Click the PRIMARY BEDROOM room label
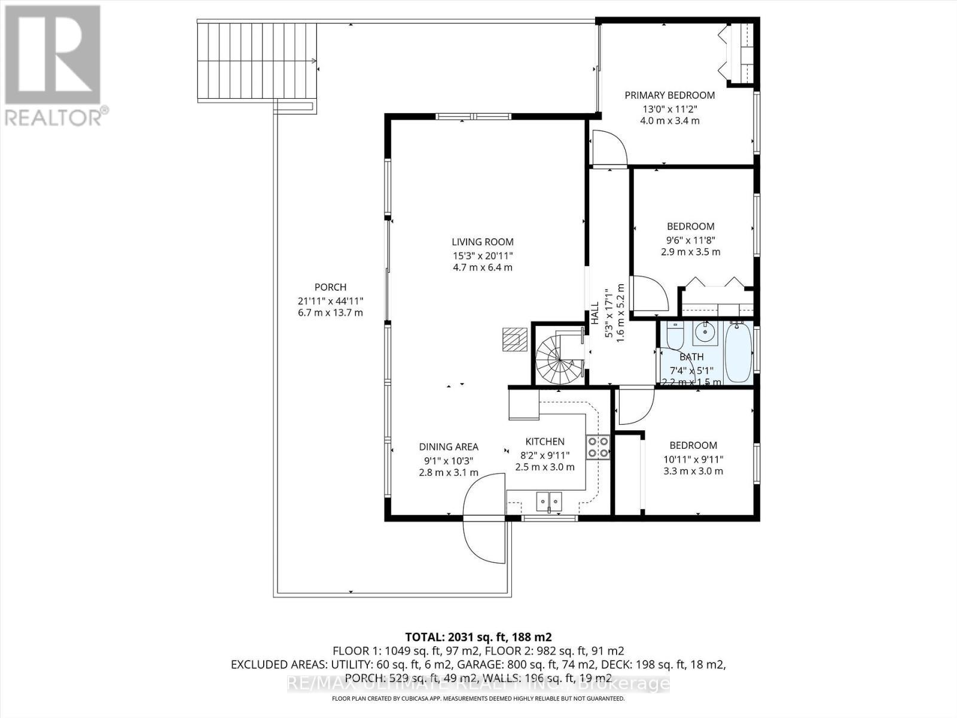(x=669, y=95)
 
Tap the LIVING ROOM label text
(x=482, y=242)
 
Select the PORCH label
(x=330, y=287)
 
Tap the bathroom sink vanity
(x=706, y=333)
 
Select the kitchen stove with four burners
(x=598, y=446)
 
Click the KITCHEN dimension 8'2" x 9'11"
(x=544, y=455)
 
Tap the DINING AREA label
(x=449, y=447)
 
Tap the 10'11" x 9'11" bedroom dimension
(x=693, y=459)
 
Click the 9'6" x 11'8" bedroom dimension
(x=690, y=239)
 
